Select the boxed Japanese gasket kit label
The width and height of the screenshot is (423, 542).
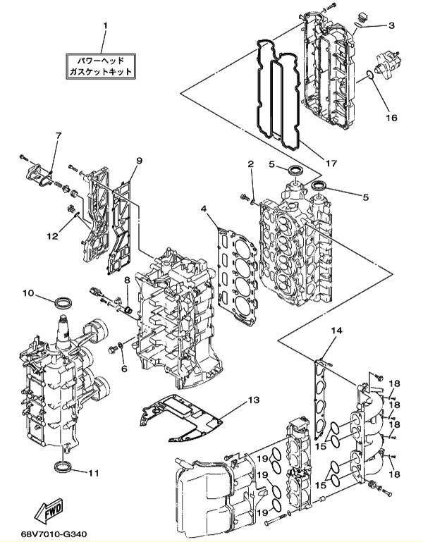click(100, 66)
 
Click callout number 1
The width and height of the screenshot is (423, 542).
click(106, 26)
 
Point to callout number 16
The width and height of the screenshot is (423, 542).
click(391, 118)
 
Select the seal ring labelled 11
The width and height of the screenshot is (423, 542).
click(63, 467)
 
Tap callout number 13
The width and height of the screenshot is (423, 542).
click(253, 400)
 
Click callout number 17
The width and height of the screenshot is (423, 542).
click(331, 163)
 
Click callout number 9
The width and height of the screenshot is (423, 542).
click(139, 161)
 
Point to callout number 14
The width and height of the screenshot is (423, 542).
click(336, 331)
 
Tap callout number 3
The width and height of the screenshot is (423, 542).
click(391, 25)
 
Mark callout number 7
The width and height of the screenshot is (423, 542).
click(58, 135)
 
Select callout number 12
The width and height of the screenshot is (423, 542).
click(53, 235)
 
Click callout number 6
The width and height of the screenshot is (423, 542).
click(124, 369)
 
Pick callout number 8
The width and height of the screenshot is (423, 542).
click(127, 280)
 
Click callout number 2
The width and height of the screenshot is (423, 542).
click(251, 164)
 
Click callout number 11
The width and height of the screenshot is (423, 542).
click(92, 472)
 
